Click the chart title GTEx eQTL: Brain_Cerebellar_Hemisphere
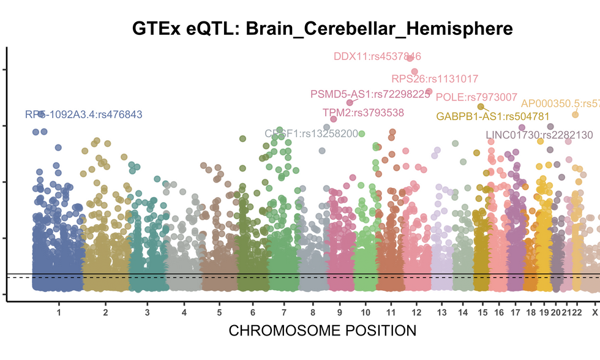click(322, 28)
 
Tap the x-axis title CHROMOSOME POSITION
click(322, 331)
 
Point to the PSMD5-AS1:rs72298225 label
click(370, 94)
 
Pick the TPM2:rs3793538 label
click(363, 112)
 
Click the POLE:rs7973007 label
click(476, 97)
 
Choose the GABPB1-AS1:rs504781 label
click(484, 116)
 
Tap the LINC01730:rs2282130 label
click(539, 135)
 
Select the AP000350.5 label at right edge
click(560, 103)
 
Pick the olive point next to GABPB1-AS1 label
click(481, 107)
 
